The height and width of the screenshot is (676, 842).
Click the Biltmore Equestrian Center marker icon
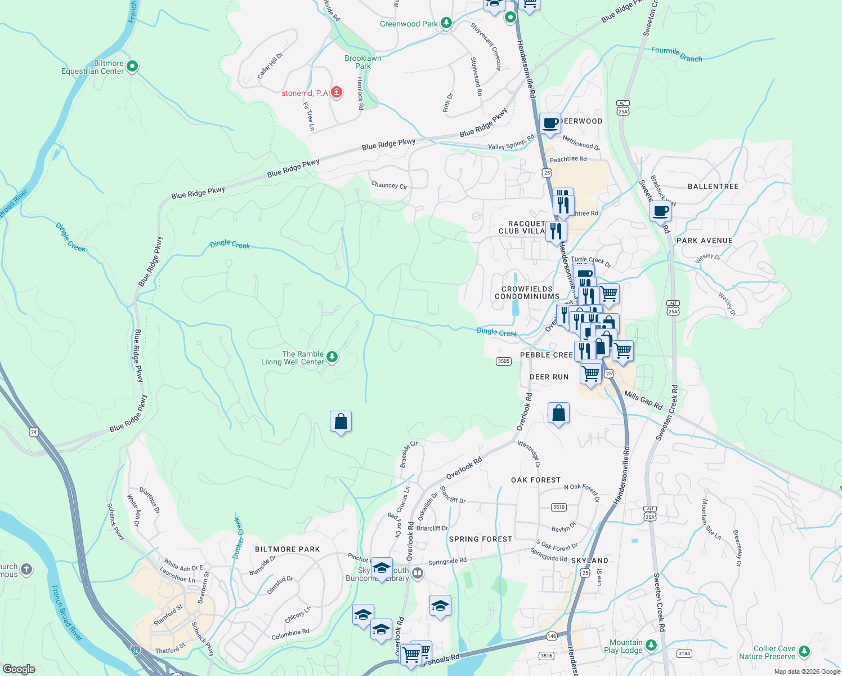[x=132, y=67]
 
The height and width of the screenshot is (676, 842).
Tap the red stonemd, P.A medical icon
[x=337, y=92]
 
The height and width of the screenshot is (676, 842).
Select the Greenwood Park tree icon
[x=446, y=23]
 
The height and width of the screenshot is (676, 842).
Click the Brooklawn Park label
[x=363, y=62]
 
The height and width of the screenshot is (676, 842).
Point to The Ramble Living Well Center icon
[x=332, y=357]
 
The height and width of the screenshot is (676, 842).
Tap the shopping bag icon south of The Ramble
[x=341, y=421]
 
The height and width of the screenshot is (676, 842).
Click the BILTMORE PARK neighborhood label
[x=287, y=549]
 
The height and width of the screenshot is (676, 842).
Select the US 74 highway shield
[x=34, y=432]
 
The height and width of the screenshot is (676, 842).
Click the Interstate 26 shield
[x=135, y=650]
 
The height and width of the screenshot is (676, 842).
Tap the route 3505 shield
[x=503, y=361]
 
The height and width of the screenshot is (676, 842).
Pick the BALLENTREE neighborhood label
[x=713, y=186]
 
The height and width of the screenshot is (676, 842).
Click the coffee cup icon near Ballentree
[x=660, y=212]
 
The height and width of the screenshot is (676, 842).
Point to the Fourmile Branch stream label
[x=677, y=54]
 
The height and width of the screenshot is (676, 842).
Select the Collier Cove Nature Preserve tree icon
[x=804, y=652]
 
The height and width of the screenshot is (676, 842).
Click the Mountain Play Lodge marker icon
[x=651, y=645]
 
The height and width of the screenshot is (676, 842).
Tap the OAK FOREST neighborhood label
[x=536, y=480]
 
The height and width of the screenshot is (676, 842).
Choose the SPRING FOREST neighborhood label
[x=481, y=539]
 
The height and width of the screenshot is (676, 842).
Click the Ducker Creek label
[x=238, y=538]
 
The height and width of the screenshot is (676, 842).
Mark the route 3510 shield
[x=558, y=507]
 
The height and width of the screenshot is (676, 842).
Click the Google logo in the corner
[x=19, y=669]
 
